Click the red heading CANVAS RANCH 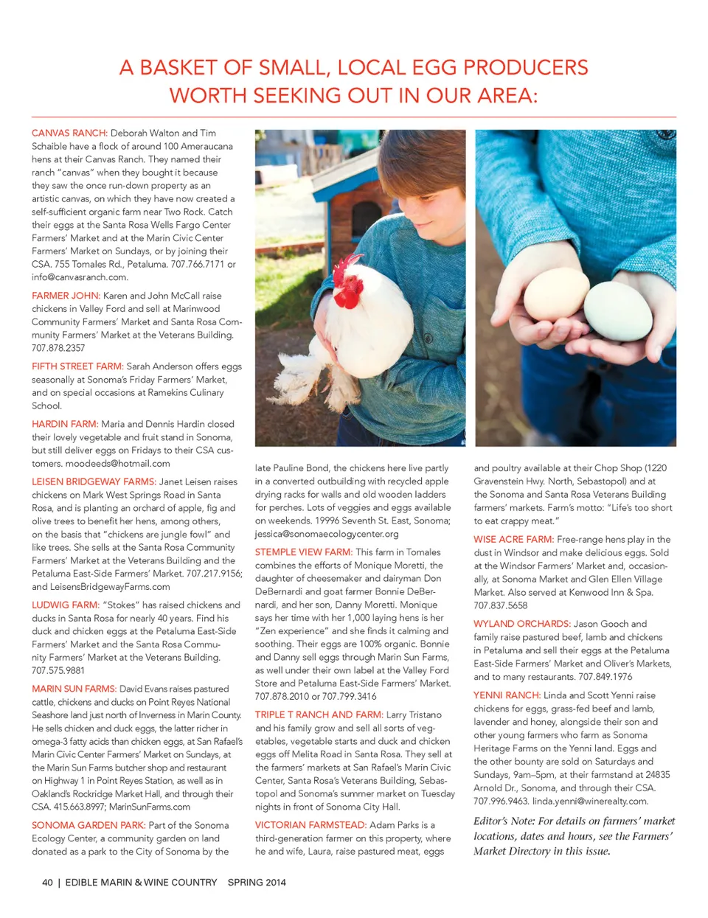pos(69,133)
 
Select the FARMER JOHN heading pos(66,296)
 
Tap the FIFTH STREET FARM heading pos(77,366)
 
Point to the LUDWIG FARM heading pos(65,605)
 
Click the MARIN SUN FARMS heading pos(74,689)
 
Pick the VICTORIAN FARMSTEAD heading pos(310,826)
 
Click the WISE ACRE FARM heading pos(513,540)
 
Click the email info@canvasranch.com pos(80,278)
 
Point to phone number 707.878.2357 pos(58,349)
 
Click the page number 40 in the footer pos(47,883)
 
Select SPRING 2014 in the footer pos(257,883)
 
